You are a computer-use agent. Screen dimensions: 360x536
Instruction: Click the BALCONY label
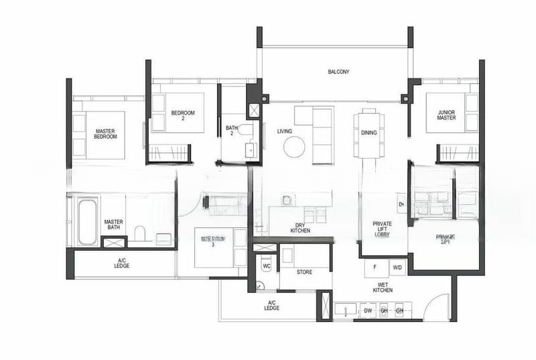[x=338, y=72]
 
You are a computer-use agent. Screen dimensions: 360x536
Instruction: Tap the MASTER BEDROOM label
[x=106, y=134]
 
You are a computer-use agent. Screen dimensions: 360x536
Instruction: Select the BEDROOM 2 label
[x=182, y=116]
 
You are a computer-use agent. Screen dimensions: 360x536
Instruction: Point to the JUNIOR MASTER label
[x=446, y=116]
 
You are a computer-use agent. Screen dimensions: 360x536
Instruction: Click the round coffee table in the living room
[x=294, y=146]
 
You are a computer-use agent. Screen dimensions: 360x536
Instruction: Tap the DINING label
[x=368, y=133]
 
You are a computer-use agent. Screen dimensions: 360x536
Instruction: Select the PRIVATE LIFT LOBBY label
[x=383, y=229]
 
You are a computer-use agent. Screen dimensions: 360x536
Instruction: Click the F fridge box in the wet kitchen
[x=375, y=268]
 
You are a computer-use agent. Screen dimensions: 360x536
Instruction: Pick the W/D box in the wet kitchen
[x=397, y=268]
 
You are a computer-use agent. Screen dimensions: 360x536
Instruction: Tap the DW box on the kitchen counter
[x=367, y=311]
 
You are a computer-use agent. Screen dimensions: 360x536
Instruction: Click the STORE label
[x=305, y=272]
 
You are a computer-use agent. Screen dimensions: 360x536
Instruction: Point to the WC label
[x=265, y=265]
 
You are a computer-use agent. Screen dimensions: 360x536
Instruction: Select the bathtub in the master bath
[x=88, y=221]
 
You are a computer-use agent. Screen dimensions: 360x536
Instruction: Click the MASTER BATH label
[x=112, y=225]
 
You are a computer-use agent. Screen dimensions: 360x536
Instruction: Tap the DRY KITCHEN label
[x=300, y=228]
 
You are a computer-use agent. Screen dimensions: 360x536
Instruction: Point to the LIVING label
[x=285, y=131]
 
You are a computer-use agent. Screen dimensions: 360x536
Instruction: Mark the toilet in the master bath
[x=140, y=233]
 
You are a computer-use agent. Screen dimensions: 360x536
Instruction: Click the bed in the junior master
[x=446, y=121]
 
